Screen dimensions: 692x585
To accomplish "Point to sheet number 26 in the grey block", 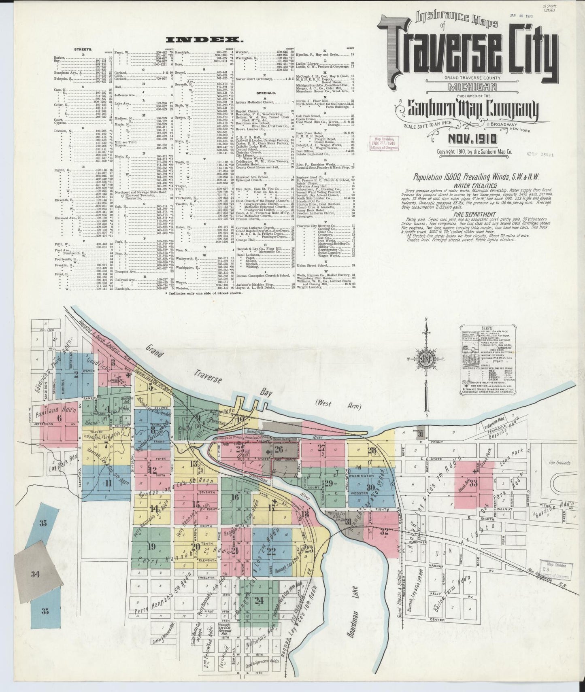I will click(278, 449).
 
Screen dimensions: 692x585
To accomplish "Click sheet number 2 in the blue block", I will click(75, 374).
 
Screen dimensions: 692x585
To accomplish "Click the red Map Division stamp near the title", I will click(383, 142).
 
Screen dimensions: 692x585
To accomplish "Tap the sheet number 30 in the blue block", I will click(370, 487).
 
